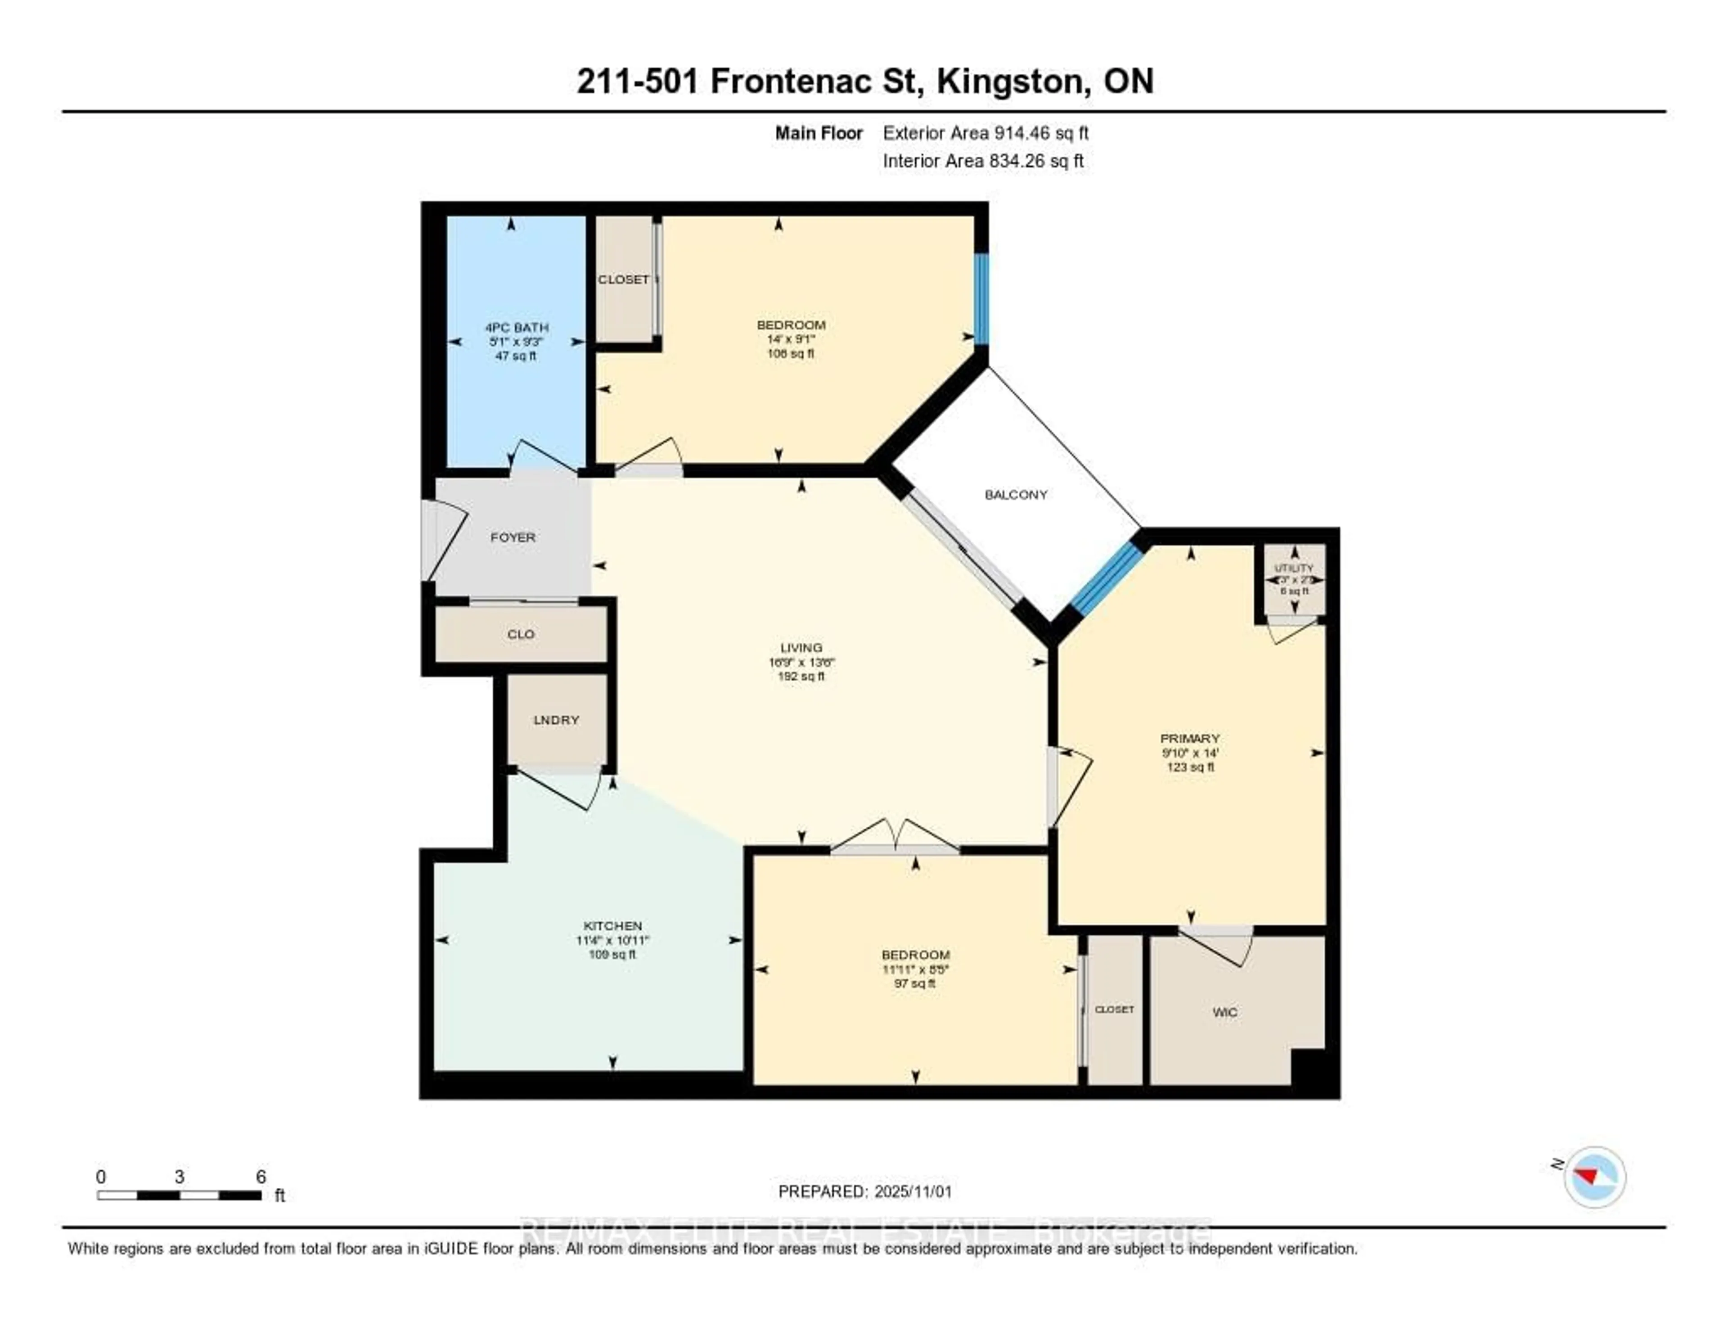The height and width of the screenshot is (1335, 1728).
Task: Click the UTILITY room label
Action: click(1294, 568)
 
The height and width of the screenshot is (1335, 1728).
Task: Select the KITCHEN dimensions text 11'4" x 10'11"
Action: click(612, 940)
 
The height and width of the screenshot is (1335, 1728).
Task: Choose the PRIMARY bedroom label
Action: click(1189, 738)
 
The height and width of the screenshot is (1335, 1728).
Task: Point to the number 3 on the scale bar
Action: click(180, 1177)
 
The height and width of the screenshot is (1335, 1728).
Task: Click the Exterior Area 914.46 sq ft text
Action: click(985, 133)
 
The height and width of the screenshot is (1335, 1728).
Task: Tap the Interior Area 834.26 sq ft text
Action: click(983, 161)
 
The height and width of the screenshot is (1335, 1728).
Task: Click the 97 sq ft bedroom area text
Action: click(915, 983)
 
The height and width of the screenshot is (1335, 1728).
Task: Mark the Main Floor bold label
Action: click(818, 133)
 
